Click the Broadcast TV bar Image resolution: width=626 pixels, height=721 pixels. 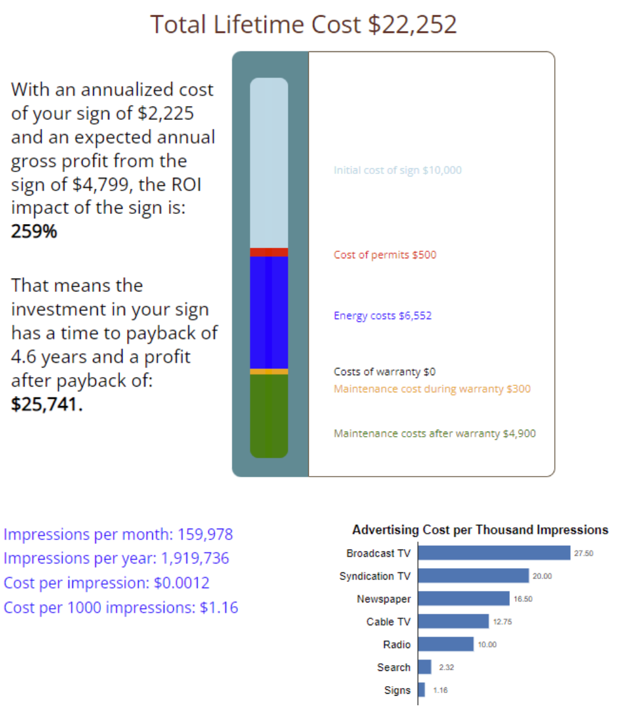tap(495, 553)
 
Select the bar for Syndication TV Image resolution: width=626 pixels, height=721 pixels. tap(474, 576)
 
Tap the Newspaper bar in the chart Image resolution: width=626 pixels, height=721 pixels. tap(464, 599)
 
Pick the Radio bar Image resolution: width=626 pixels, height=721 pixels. tap(446, 644)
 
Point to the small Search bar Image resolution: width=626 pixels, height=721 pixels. tap(425, 667)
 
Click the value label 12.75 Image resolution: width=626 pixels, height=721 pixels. tap(502, 622)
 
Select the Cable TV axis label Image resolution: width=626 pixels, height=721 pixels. tap(389, 622)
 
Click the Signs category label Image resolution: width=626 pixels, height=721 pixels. tap(397, 691)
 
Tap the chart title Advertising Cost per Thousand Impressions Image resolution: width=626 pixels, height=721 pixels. tap(480, 530)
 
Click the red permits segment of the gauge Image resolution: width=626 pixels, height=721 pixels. tap(269, 252)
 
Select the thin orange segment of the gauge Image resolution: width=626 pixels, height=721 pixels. tap(269, 371)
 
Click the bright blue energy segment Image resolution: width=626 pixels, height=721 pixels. tap(269, 312)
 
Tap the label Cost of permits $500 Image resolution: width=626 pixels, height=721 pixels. tap(385, 255)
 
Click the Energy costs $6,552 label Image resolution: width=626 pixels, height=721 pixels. tap(382, 315)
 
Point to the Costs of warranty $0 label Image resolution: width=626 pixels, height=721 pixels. tap(385, 372)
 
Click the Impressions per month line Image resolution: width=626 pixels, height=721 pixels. tap(118, 534)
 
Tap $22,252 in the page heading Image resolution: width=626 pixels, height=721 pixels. tap(413, 25)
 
